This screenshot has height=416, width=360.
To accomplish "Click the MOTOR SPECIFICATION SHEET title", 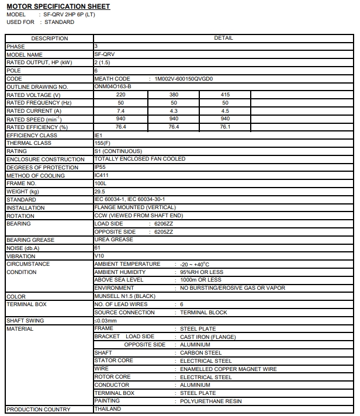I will tap(58, 6).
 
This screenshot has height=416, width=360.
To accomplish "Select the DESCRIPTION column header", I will tap(49, 38).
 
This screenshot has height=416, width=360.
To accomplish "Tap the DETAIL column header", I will tap(224, 38).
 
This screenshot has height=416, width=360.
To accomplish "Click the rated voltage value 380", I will tap(174, 95).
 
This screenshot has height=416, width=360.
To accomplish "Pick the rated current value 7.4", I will tap(121, 111).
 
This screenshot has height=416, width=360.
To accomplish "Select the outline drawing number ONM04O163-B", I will tap(113, 86).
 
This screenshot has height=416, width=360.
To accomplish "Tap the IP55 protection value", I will tap(100, 167).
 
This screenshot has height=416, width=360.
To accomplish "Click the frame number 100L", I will tap(101, 183).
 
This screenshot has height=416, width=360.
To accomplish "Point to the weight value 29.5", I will tap(100, 191).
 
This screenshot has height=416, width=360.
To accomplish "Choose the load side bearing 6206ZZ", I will tap(164, 224).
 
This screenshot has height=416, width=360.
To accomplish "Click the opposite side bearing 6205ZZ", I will tap(164, 232).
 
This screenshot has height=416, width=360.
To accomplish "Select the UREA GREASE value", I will tap(113, 240).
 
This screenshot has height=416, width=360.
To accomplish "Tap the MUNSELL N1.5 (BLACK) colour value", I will tap(125, 296).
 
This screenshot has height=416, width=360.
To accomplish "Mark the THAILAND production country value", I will tap(108, 409).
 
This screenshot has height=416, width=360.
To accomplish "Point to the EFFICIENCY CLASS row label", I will tap(32, 135).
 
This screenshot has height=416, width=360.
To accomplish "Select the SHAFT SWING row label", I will tap(25, 320).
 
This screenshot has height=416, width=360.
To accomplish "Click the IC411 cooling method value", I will tap(101, 175).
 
